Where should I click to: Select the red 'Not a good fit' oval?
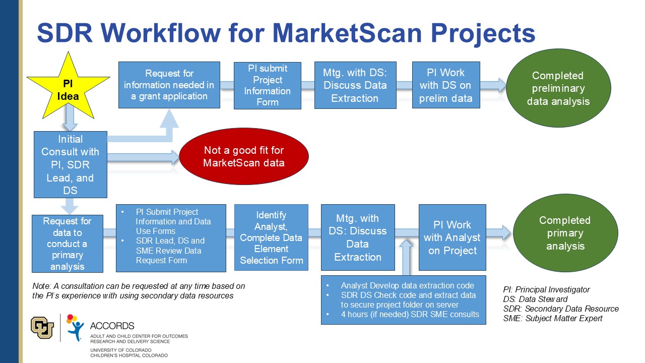point(243,156)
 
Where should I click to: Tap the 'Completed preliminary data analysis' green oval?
point(558,88)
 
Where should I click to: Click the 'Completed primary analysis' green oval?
point(564,233)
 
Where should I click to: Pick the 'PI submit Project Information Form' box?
point(267,85)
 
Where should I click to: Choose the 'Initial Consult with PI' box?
point(70,164)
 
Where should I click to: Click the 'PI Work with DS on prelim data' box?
point(445,85)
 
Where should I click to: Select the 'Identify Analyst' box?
point(271,237)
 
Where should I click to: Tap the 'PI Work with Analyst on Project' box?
point(452,237)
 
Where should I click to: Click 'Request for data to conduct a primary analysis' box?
point(67,244)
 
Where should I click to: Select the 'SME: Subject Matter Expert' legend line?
point(552,318)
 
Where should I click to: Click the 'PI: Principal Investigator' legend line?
point(546,289)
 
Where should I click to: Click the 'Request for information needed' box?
point(169,85)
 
